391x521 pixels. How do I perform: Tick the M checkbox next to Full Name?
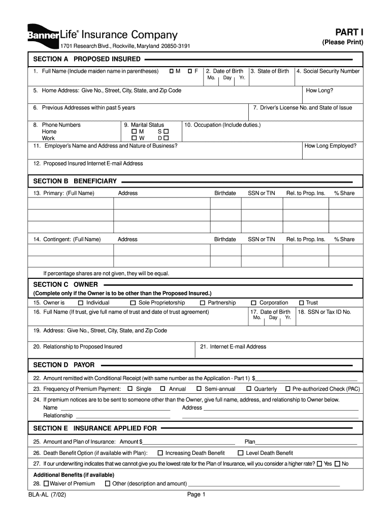pos(172,71)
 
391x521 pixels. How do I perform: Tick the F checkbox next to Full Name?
pos(190,71)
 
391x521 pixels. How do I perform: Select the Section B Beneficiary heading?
pos(75,181)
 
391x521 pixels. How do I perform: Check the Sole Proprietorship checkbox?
pos(134,303)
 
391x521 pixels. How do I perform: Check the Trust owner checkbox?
pos(301,303)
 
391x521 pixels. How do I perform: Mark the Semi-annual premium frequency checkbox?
pos(199,389)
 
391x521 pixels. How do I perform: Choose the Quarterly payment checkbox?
pos(249,389)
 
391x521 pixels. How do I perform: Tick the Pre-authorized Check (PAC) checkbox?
pos(288,389)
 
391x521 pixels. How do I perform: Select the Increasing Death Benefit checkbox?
pos(160,453)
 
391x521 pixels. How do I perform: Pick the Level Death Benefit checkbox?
pos(241,453)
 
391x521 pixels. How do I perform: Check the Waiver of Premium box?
pos(47,483)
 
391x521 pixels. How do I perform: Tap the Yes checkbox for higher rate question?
pos(319,464)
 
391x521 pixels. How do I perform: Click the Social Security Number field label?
pos(328,71)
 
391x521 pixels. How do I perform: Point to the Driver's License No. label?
pos(302,108)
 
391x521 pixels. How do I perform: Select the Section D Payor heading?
pos(64,365)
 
